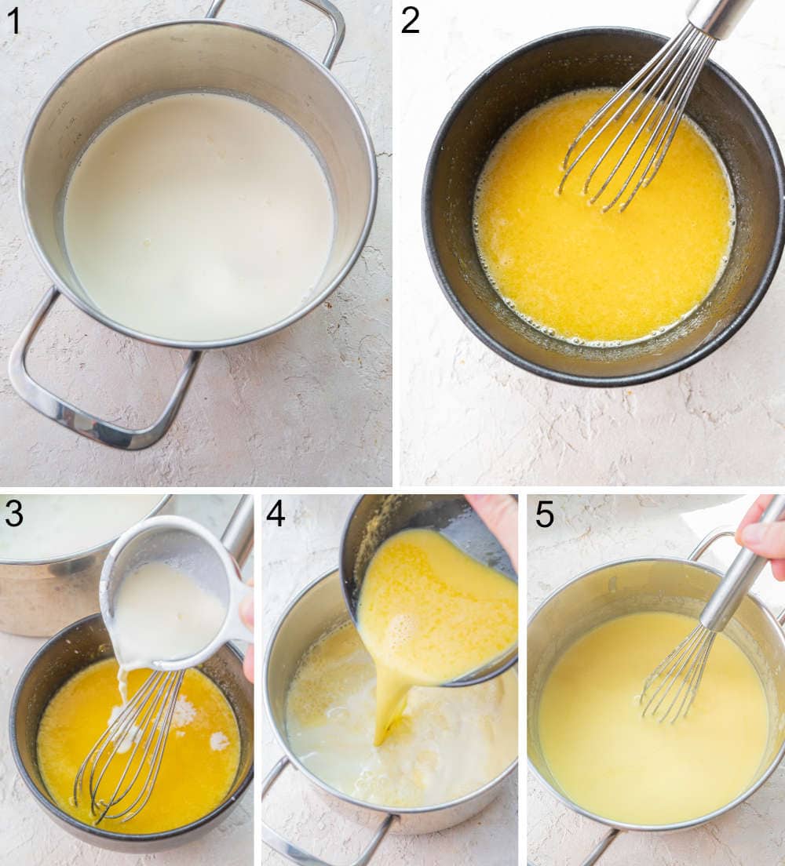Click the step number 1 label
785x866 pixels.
(x=13, y=20)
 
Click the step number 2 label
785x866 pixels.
(x=411, y=20)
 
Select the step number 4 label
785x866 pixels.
(x=276, y=514)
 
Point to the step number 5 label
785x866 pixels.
(x=545, y=514)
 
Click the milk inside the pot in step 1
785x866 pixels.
(x=196, y=220)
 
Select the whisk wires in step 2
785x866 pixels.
(x=628, y=141)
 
